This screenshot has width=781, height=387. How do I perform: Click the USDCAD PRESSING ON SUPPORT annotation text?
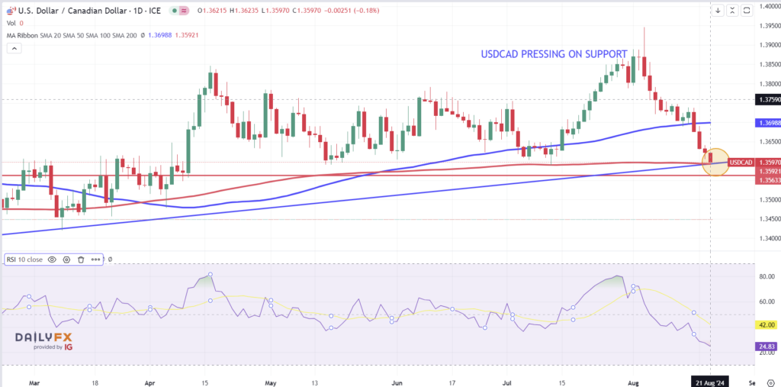point(554,54)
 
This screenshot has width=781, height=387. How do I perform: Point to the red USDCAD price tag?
point(741,162)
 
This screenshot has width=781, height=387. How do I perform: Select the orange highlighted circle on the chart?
point(715,163)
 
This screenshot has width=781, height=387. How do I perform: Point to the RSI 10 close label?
point(25,260)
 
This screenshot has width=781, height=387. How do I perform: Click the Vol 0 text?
point(15,23)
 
